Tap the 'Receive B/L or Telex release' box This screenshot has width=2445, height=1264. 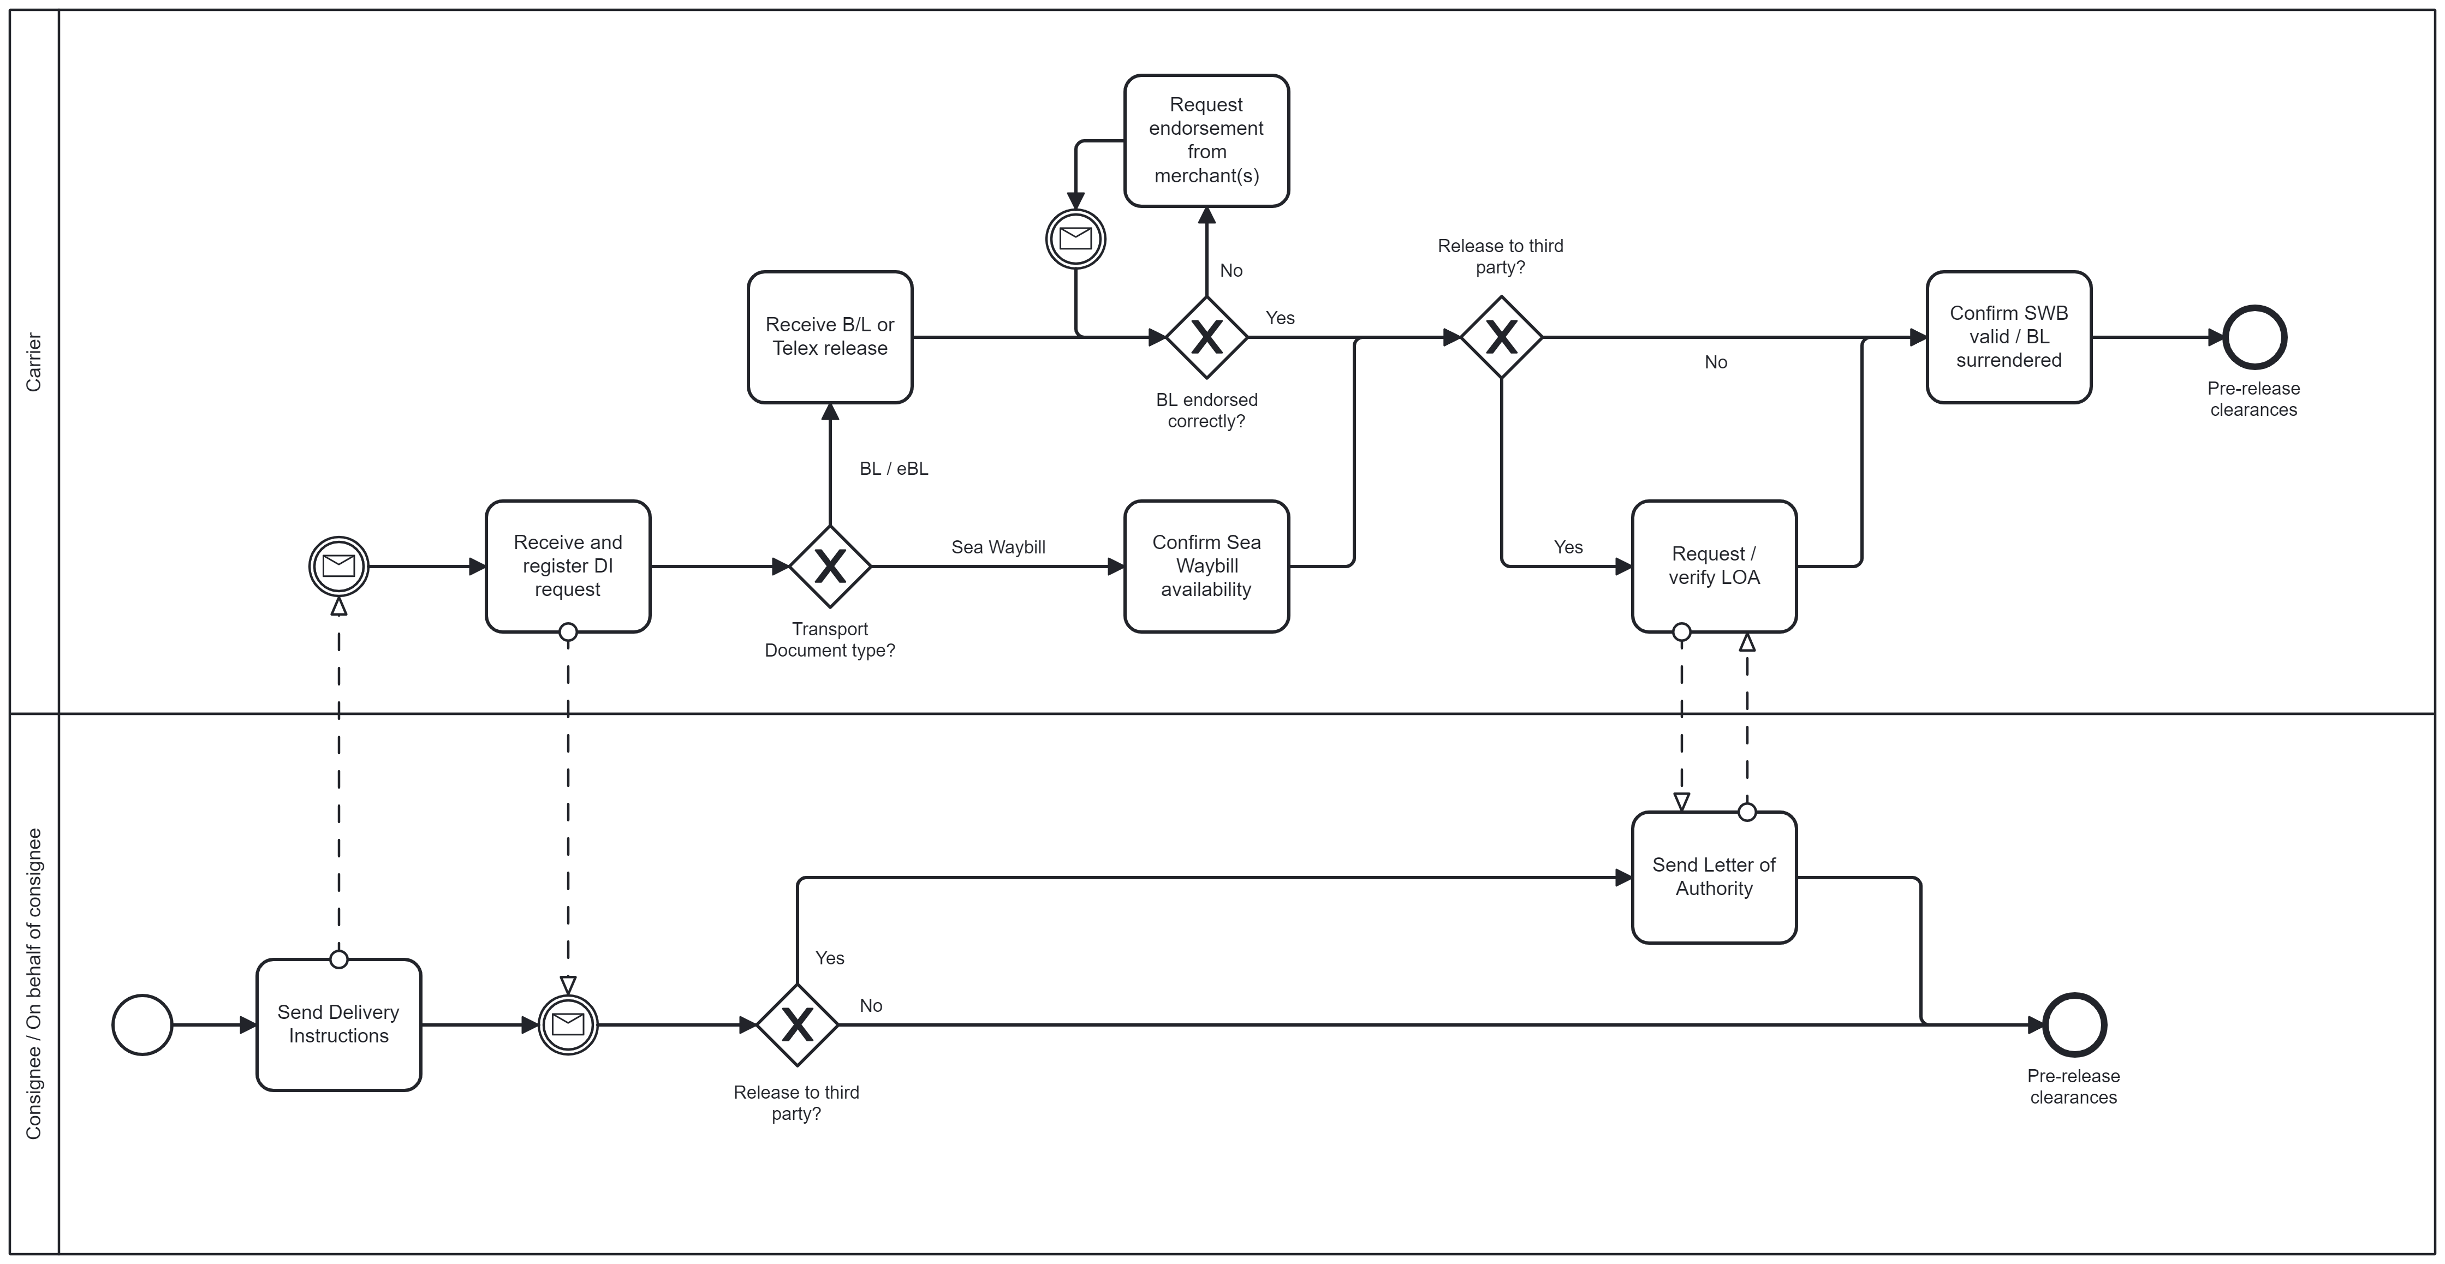pyautogui.click(x=830, y=337)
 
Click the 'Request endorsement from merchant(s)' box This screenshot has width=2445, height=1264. pyautogui.click(x=1206, y=140)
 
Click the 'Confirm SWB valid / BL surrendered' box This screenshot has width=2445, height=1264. pyautogui.click(x=2008, y=337)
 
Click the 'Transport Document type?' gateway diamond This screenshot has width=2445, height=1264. pyautogui.click(x=830, y=567)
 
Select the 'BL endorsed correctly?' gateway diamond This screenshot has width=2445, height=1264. pyautogui.click(x=1206, y=337)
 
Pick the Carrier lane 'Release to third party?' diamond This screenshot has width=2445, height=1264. pyautogui.click(x=1501, y=337)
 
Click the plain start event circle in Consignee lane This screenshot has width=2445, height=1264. pyautogui.click(x=142, y=1025)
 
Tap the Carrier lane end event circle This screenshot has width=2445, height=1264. pyautogui.click(x=2254, y=337)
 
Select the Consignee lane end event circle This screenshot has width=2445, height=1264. pyautogui.click(x=2074, y=1025)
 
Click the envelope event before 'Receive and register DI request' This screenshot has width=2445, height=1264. pyautogui.click(x=339, y=567)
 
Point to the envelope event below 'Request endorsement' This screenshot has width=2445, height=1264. pyautogui.click(x=1075, y=238)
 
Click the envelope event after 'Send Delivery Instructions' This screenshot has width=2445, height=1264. pyautogui.click(x=568, y=1025)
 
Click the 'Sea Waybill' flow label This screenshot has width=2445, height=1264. pyautogui.click(x=998, y=547)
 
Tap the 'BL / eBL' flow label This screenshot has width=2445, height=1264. pyautogui.click(x=893, y=469)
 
